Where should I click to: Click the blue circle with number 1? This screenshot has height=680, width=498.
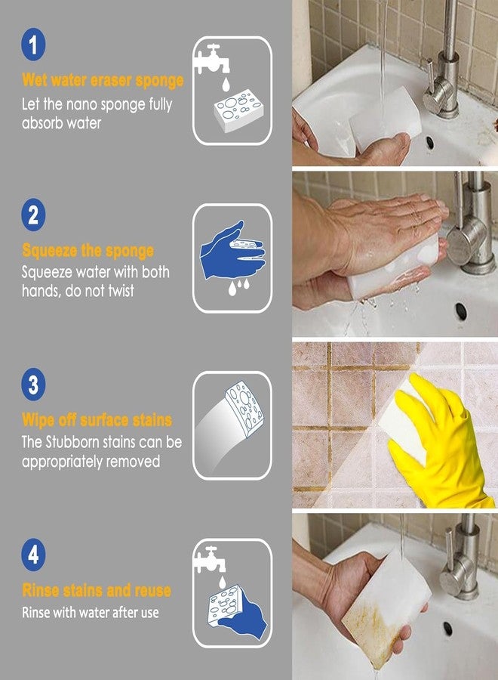pos(32,45)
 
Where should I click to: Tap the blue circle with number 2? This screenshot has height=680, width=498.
pos(32,215)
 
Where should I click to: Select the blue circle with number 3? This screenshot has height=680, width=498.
pos(32,385)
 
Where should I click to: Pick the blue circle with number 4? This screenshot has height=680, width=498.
pos(32,556)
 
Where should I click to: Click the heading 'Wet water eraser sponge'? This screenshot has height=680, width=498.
pos(103,80)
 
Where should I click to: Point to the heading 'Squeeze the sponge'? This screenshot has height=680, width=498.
pos(88,250)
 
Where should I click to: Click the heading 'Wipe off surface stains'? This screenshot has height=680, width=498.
pos(97,420)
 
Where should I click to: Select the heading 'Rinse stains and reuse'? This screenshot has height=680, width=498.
pos(97,590)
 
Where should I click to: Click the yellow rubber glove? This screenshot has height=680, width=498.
pos(438,446)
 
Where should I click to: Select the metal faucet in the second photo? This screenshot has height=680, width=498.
pos(472,227)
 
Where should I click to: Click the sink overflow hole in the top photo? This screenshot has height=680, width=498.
pos(430,141)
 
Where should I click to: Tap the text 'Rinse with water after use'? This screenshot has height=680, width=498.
pos(91,613)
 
